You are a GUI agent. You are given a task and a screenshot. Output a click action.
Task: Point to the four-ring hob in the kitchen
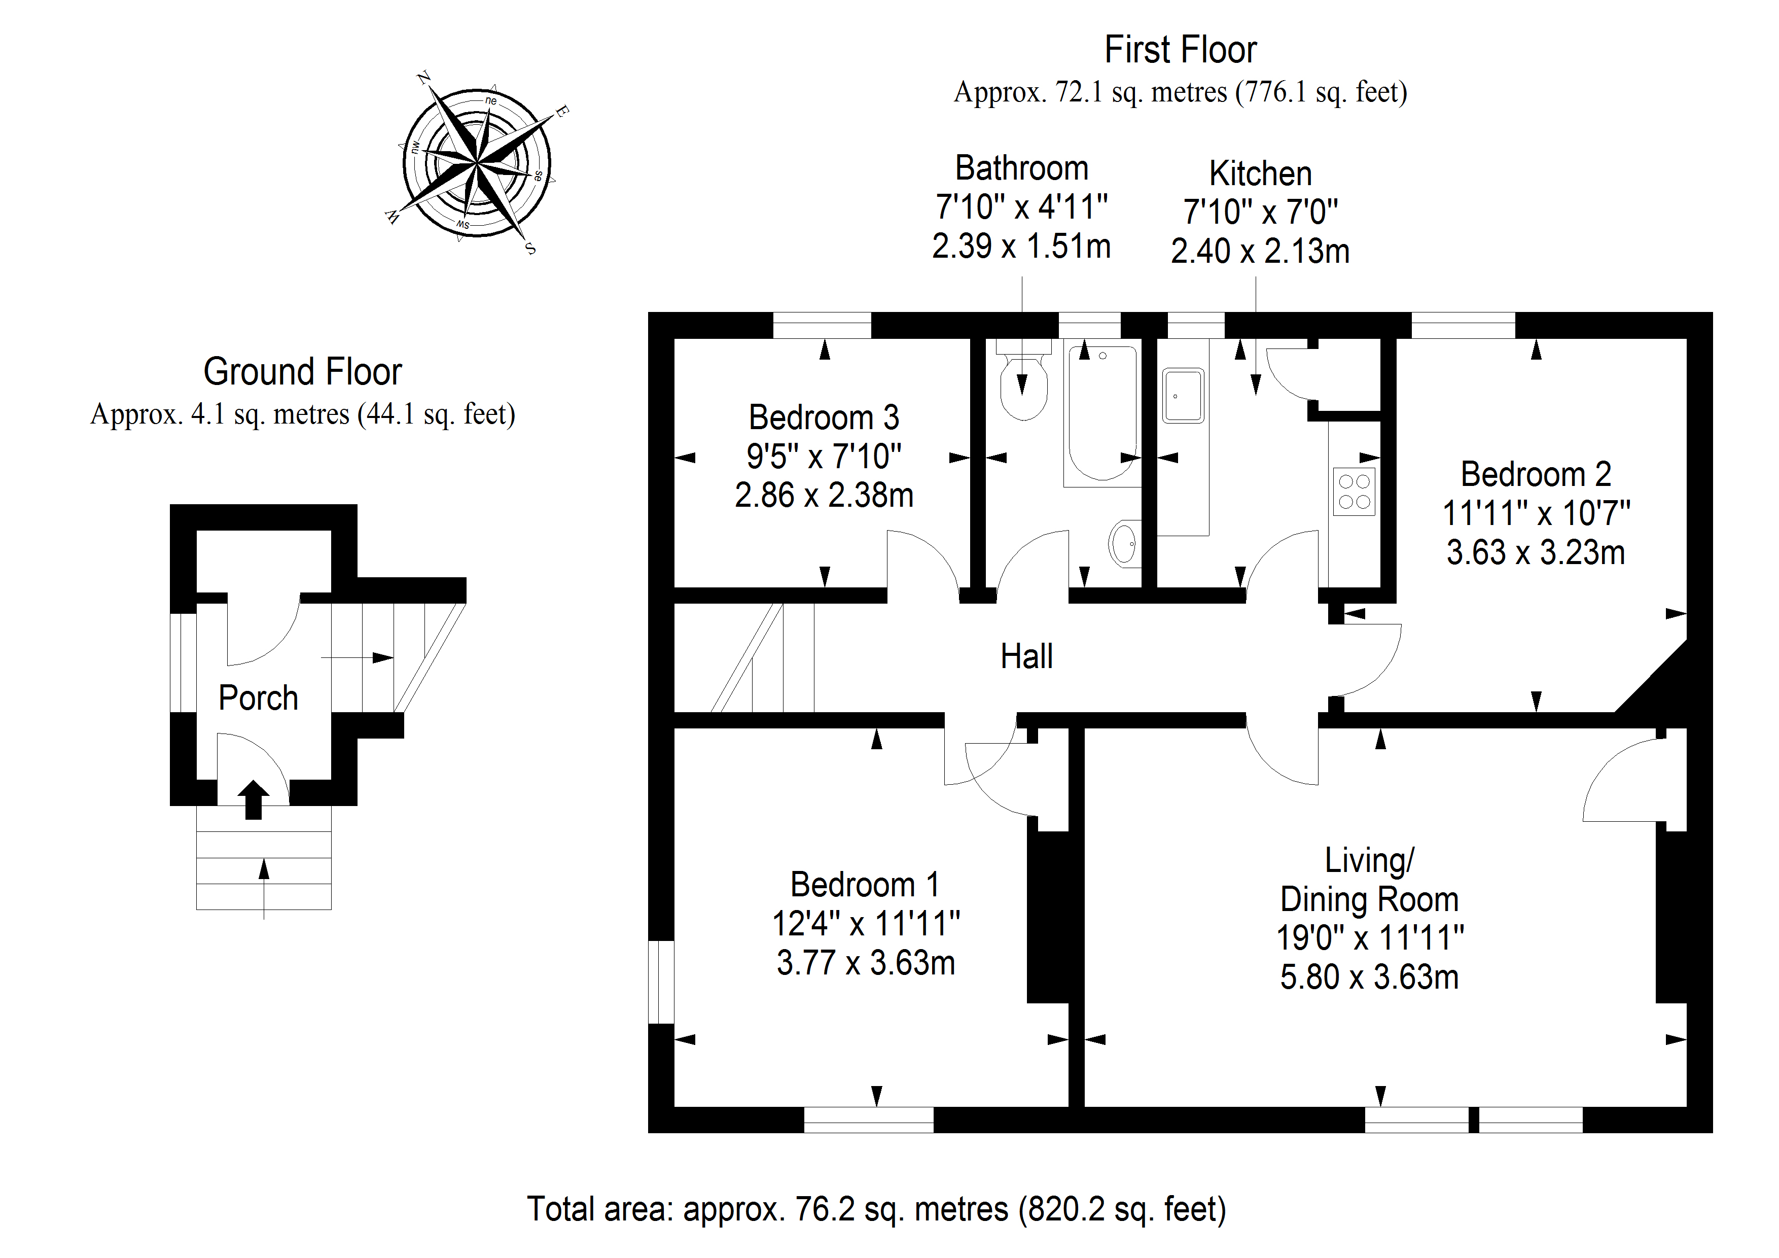[x=1354, y=492]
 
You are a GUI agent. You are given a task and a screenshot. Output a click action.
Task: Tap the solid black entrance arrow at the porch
[x=253, y=799]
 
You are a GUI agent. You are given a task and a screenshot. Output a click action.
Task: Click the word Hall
[x=1026, y=656]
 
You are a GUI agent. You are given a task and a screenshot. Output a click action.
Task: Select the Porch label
[x=258, y=697]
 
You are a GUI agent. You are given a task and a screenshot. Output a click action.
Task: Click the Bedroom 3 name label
[x=824, y=418]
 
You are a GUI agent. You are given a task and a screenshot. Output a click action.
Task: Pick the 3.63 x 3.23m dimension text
[x=1536, y=552]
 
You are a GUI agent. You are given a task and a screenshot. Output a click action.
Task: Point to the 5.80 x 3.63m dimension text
[x=1369, y=977]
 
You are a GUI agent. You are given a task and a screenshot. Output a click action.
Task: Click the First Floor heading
[x=1180, y=50]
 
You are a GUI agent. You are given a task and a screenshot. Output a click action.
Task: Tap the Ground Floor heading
[x=302, y=372]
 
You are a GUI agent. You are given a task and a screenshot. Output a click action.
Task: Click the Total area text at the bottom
[x=876, y=1209]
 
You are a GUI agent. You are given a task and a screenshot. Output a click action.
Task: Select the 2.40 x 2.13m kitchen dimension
[x=1260, y=251]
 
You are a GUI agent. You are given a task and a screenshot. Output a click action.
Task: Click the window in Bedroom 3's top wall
[x=822, y=326]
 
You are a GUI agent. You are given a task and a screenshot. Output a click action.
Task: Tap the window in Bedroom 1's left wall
[x=661, y=982]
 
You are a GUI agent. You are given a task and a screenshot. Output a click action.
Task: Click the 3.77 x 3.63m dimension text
[x=866, y=963]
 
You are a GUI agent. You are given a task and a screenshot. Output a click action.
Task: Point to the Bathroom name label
[x=1021, y=168]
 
